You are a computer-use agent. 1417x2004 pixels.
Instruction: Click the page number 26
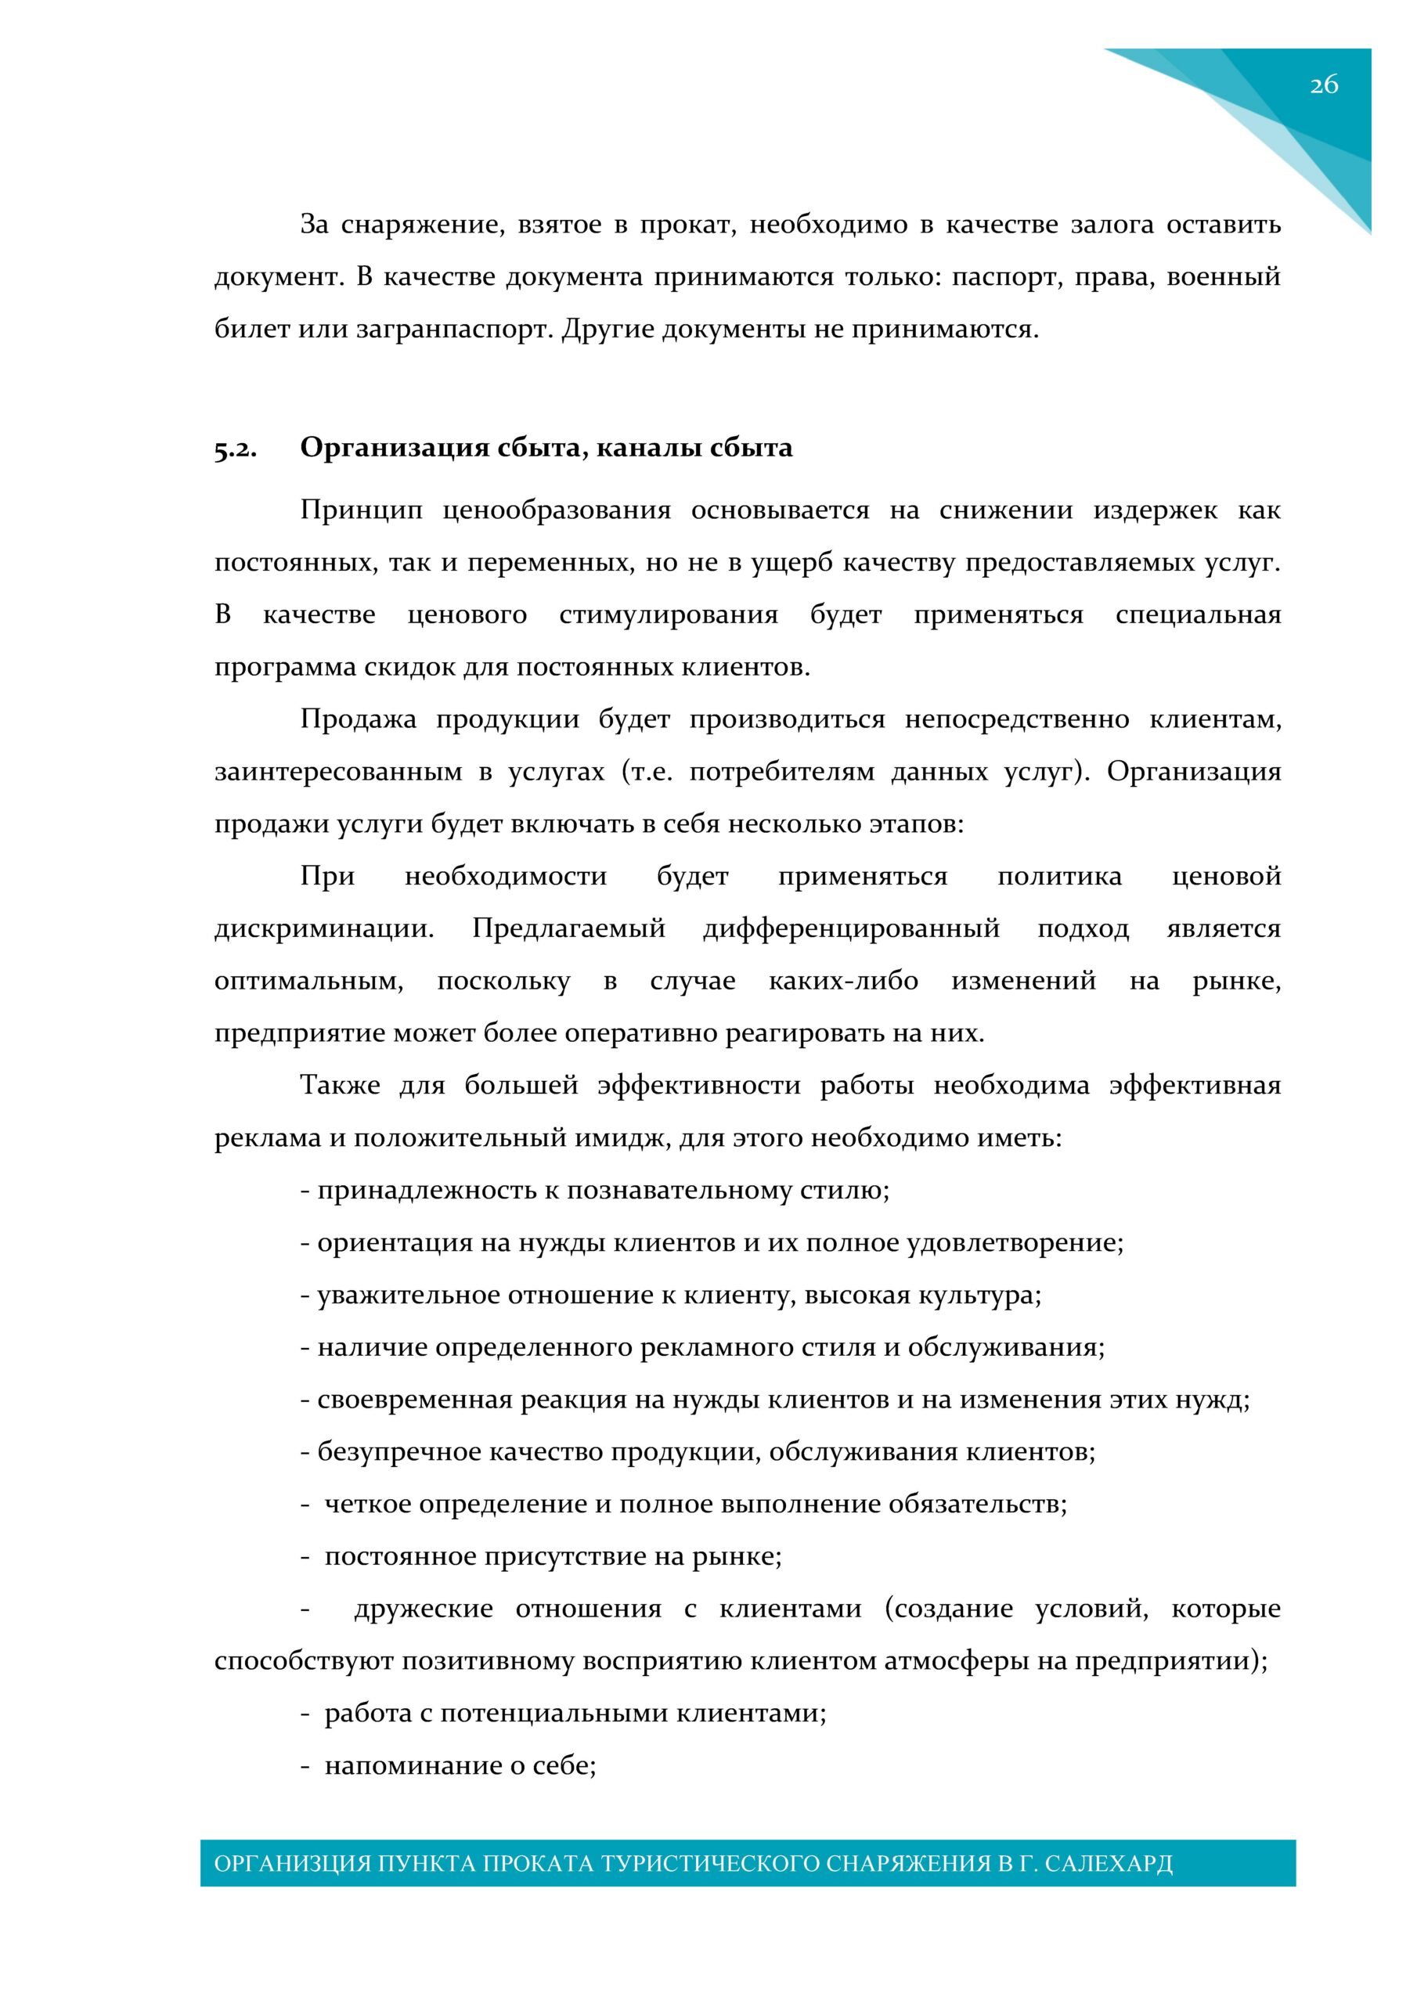tap(1324, 85)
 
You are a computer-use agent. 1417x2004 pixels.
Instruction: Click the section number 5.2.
tap(235, 449)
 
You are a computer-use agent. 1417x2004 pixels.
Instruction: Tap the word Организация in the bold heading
tap(394, 448)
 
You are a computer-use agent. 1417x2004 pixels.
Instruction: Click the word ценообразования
tap(556, 510)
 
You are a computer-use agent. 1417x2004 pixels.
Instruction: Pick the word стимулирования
tap(668, 615)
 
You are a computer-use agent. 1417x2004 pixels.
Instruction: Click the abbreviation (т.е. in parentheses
tap(647, 773)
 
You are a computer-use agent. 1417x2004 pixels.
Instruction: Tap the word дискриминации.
tap(324, 928)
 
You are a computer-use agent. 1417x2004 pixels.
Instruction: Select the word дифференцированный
tap(851, 928)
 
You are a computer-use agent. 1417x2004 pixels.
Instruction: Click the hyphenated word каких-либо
tap(842, 981)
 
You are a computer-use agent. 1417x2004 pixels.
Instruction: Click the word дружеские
tap(424, 1609)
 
